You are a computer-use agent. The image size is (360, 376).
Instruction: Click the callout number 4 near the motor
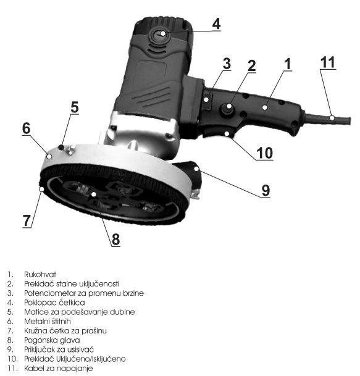[216, 23]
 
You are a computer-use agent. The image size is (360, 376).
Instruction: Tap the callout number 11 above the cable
[328, 62]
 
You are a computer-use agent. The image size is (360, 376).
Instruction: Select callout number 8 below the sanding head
[115, 239]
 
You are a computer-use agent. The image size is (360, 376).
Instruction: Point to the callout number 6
[27, 128]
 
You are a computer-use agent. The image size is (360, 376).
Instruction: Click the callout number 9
[266, 190]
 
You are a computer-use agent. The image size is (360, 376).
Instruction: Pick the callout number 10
[265, 152]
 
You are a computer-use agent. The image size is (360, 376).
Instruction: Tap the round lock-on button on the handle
[227, 109]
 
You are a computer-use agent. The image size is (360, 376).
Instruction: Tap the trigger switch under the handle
[217, 132]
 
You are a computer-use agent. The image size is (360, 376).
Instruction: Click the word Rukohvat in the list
[40, 274]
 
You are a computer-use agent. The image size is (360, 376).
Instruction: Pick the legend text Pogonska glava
[52, 340]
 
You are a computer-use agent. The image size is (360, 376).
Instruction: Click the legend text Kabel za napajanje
[58, 369]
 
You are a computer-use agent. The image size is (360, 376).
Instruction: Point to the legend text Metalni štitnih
[48, 321]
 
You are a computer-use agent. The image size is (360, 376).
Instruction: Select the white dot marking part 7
[42, 189]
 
